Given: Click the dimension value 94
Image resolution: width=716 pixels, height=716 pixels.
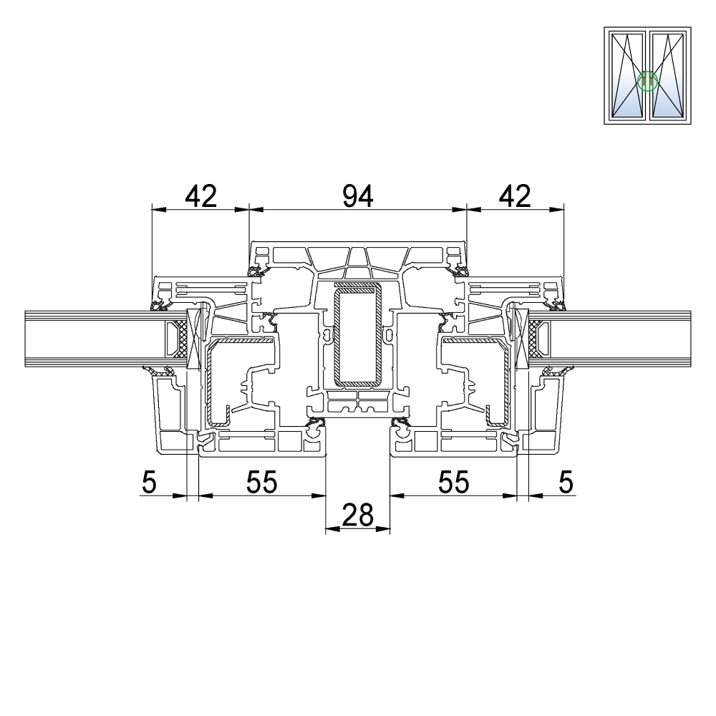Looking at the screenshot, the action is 358,196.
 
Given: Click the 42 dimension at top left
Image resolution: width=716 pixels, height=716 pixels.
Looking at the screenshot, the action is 200,196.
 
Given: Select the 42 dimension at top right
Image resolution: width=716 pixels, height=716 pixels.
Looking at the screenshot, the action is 515,196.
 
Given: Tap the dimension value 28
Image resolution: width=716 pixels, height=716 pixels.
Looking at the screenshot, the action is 357,515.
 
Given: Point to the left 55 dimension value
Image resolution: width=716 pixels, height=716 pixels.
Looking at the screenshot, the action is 261,482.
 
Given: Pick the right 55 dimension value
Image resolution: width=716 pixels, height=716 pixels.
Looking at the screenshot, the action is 453,482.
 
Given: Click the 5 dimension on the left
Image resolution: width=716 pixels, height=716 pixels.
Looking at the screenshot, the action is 150,482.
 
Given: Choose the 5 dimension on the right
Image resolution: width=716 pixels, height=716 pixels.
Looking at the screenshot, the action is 566,482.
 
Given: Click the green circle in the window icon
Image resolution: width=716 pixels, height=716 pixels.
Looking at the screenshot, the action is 647,82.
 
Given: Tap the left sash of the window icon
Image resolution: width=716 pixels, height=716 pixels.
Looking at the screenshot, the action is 627,75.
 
